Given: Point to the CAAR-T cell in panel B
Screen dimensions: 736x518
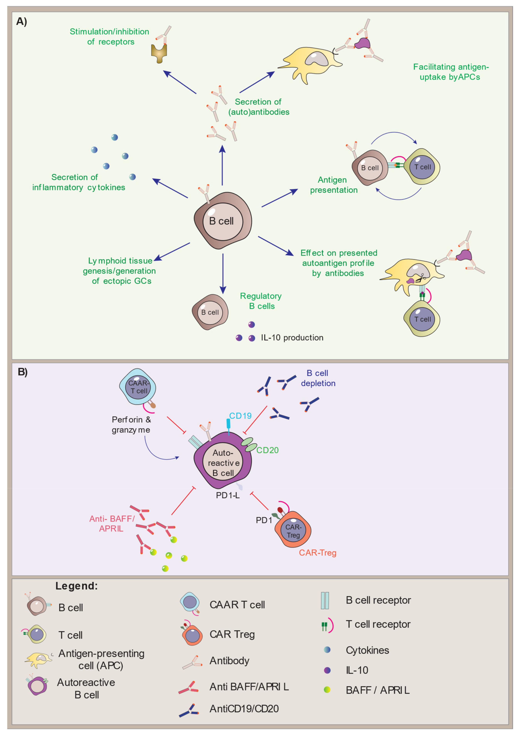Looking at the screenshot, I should (138, 387).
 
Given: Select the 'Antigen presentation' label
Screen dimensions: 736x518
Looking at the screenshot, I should (333, 185).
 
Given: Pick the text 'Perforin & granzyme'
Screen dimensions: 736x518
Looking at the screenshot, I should (131, 424).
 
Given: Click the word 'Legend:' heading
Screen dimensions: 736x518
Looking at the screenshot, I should (76, 586).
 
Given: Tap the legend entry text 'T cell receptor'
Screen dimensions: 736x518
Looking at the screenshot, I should (378, 624).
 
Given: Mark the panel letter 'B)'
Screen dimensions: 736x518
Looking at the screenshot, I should (23, 372).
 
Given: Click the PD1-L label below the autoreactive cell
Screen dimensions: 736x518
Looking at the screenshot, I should (227, 495).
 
